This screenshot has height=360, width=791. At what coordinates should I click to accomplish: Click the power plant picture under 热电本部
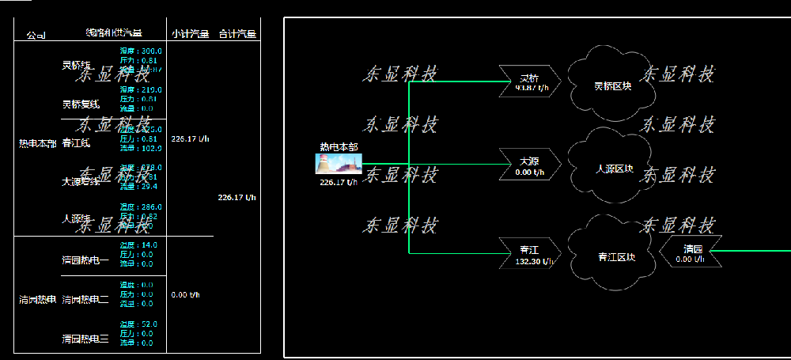pos(339,164)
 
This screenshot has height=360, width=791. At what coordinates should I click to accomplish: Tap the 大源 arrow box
pos(530,165)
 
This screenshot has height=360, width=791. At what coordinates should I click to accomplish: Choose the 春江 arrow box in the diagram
pos(530,253)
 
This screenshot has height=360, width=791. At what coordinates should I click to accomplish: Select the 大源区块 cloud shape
pos(613,169)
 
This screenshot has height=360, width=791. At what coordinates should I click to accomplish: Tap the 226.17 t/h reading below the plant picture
pos(339,182)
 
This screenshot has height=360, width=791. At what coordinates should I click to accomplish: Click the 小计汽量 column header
pos(190,34)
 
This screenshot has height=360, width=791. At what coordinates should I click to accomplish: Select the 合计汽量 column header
pos(237,34)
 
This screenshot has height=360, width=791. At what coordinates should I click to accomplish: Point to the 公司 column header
pos(36,36)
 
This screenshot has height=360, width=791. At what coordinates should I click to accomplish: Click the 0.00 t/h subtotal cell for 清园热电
pos(186,295)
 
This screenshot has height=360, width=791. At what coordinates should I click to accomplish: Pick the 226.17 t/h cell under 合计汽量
pos(237,198)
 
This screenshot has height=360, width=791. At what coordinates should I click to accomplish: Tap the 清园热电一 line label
pos(85,260)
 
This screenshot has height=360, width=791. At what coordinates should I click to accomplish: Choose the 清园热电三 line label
pos(85,339)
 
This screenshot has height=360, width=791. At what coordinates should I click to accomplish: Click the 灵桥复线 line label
pos(81,104)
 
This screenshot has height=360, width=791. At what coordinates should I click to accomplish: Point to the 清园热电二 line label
pos(85,299)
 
